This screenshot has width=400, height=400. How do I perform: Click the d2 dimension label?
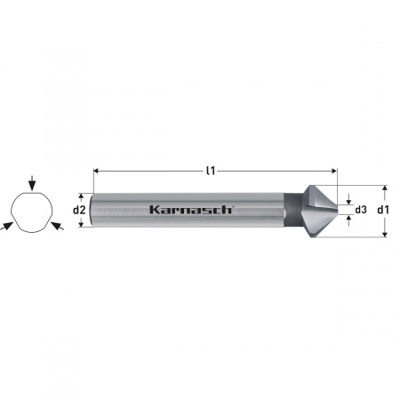pyautogui.click(x=78, y=211)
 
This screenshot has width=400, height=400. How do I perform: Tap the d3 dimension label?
pyautogui.click(x=361, y=211)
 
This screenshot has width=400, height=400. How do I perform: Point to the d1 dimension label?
pyautogui.click(x=384, y=211)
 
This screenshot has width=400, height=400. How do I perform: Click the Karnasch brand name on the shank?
pyautogui.click(x=191, y=210)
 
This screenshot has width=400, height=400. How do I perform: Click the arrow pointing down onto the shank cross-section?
pyautogui.click(x=32, y=184)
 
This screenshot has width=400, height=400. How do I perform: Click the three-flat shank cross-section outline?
pyautogui.click(x=32, y=213)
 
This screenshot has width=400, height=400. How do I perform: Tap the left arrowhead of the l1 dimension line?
pyautogui.click(x=96, y=171)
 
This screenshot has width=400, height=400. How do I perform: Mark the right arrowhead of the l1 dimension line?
pyautogui.click(x=335, y=171)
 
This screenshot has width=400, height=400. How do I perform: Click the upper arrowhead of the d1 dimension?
pyautogui.click(x=384, y=188)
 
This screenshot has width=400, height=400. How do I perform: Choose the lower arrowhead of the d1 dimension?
pyautogui.click(x=384, y=234)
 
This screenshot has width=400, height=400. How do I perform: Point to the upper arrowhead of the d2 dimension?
pyautogui.click(x=82, y=196)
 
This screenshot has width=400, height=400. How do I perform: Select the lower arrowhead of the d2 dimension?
pyautogui.click(x=82, y=226)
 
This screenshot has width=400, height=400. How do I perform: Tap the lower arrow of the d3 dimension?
pyautogui.click(x=348, y=220)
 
